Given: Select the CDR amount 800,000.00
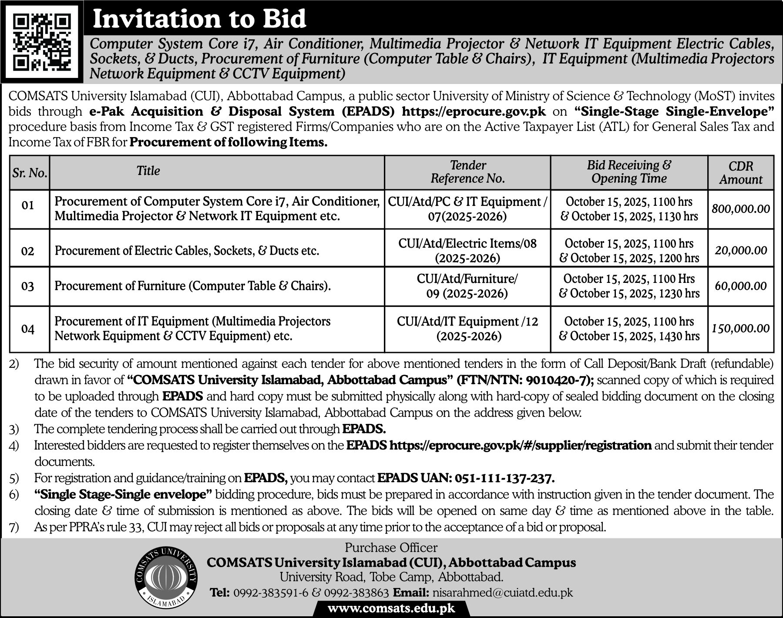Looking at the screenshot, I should point(741,209).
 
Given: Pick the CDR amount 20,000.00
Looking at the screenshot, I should point(741,250).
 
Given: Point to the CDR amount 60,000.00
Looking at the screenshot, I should point(741,286).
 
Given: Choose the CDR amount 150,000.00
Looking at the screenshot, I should point(741,328).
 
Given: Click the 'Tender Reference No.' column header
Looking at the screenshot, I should point(467,171).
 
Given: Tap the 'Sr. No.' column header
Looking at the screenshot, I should point(30,173).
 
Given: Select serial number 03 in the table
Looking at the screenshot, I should point(28,286).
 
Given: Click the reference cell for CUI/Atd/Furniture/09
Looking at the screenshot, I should point(467,286).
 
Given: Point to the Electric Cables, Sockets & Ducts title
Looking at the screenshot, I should point(187,251).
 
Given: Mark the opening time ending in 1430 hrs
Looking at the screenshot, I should point(629,336).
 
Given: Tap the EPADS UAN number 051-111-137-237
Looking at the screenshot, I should point(504,478).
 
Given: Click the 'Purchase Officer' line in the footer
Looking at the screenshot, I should point(391,547).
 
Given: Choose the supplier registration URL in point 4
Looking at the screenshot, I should point(520,445).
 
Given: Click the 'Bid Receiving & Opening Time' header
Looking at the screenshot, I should point(629,171).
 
